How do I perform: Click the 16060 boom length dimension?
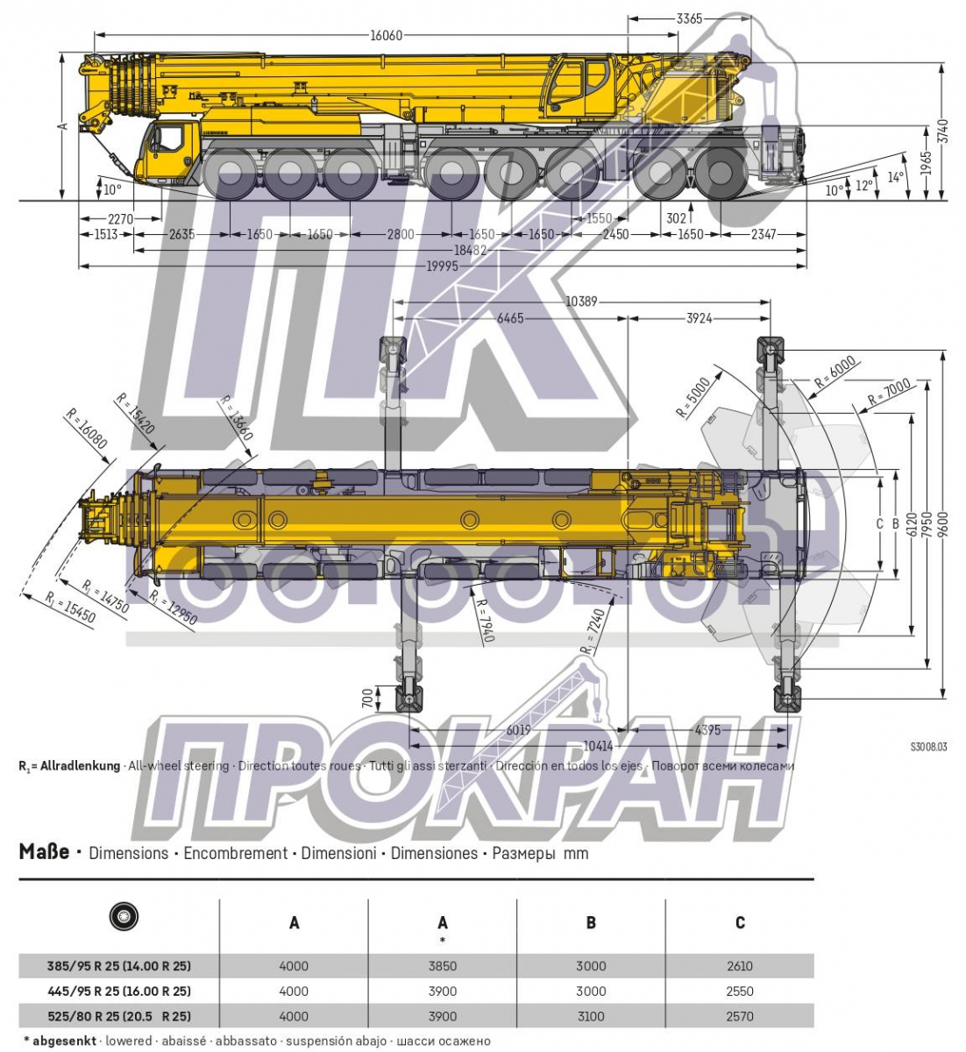click(x=386, y=35)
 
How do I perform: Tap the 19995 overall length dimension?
click(x=443, y=266)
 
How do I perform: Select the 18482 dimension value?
click(x=470, y=250)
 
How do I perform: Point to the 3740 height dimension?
click(x=942, y=131)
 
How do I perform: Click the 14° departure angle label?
click(x=895, y=177)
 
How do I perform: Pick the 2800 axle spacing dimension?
click(x=401, y=234)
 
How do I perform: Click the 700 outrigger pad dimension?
click(x=367, y=699)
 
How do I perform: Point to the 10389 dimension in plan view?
click(x=581, y=302)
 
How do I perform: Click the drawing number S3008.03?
click(x=928, y=748)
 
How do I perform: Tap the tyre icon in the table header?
click(x=124, y=917)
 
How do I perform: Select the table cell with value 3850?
click(x=443, y=966)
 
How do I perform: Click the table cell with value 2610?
click(x=740, y=966)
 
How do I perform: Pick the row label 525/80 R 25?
click(x=119, y=1017)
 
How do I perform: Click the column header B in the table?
click(x=591, y=922)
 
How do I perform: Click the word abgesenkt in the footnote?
click(x=65, y=1041)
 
